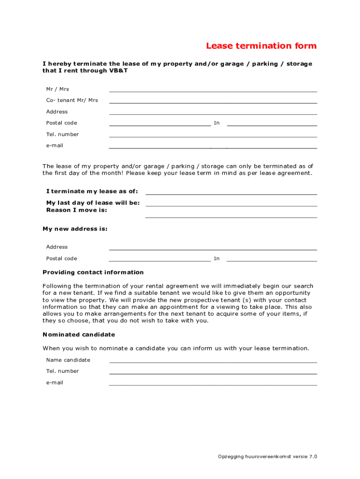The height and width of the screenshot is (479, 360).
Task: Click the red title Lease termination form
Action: click(261, 46)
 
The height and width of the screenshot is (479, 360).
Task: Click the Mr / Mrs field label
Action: click(58, 89)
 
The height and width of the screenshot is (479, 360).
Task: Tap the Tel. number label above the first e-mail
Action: click(62, 134)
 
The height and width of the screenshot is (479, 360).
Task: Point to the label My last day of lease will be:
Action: click(93, 203)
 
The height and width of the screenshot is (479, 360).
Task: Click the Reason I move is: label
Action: click(76, 210)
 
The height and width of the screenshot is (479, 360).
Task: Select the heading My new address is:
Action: click(75, 229)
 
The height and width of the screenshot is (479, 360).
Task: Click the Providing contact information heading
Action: click(93, 272)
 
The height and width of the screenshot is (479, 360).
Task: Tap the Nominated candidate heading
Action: click(79, 335)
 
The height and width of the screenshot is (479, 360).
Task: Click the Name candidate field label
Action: click(68, 360)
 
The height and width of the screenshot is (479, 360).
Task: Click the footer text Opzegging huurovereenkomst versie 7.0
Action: click(267, 457)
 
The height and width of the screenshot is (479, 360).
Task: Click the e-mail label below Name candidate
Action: click(54, 383)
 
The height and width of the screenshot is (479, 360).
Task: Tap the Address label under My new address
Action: click(57, 247)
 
